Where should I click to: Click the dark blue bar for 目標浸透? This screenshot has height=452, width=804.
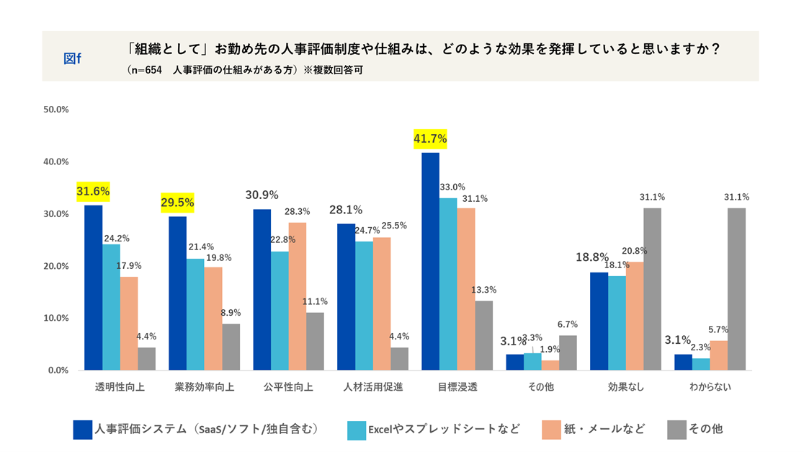pos(430,261)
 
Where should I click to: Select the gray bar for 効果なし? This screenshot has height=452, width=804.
pos(652,289)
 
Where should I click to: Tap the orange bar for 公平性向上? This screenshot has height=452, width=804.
pos(297,296)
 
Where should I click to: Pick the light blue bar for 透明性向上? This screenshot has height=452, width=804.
pos(111,307)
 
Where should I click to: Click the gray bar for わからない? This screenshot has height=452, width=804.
pos(736,289)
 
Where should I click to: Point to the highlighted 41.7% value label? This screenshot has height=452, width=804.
pos(430,138)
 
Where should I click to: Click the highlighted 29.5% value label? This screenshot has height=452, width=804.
pos(177,203)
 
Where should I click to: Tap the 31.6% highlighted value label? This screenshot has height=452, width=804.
pos(93,191)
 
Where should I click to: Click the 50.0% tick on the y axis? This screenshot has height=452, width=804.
pos(55,110)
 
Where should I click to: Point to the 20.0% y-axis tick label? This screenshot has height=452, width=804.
pos(55,266)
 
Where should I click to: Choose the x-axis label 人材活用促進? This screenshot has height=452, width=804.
pos(372,387)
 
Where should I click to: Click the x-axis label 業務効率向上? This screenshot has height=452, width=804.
pos(203,387)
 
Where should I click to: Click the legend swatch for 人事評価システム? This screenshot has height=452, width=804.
pos(83,430)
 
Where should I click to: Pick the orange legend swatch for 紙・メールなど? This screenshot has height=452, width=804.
pos(551,430)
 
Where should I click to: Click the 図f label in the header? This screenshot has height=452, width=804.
pos(72,58)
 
